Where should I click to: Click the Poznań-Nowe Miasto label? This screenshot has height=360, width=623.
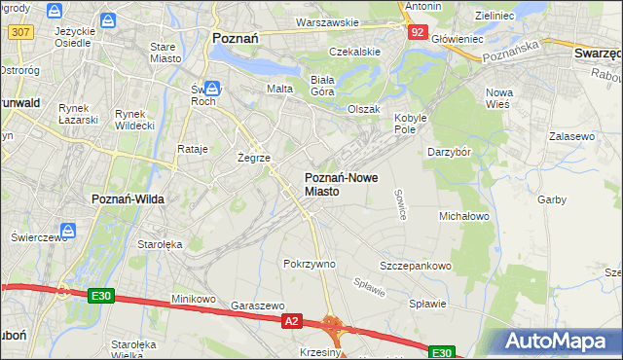336,185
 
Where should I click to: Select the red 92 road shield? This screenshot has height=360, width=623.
417,32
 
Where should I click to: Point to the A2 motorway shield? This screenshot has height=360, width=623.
291,319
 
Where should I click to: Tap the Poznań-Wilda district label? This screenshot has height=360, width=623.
128,198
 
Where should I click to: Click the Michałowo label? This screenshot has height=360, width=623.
464,215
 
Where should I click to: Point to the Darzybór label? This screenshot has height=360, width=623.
450,152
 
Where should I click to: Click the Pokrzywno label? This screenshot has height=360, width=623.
309,264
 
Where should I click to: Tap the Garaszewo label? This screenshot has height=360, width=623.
257,305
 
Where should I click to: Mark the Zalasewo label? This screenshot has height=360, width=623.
571,137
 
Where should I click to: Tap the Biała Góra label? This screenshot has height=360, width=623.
321,86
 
